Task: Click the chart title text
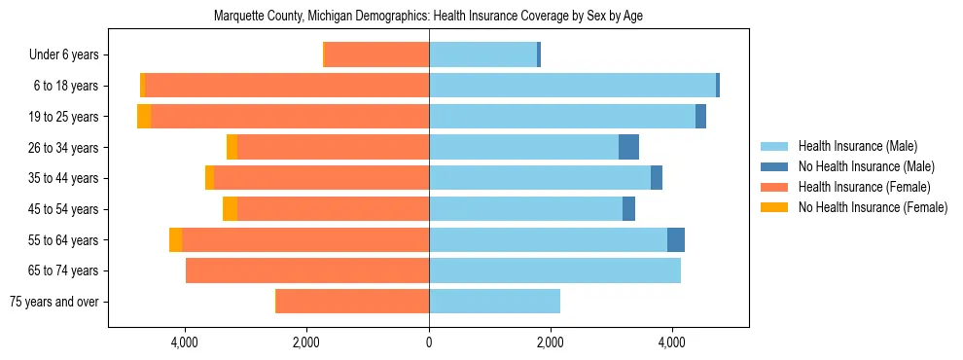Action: [428, 16]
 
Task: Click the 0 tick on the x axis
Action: [429, 342]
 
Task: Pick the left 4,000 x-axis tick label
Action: [185, 342]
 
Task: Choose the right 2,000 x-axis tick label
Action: [550, 342]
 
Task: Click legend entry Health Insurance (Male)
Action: [857, 146]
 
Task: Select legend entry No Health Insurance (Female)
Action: [873, 207]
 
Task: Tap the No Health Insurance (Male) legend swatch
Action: [774, 166]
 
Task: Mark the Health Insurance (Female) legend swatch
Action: [774, 187]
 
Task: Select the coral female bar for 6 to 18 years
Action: [287, 86]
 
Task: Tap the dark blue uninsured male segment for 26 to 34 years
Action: [628, 147]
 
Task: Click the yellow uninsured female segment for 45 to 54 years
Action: [230, 209]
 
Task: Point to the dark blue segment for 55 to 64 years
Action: [675, 239]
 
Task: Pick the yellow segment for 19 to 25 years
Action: [144, 117]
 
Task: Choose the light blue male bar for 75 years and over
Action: [494, 302]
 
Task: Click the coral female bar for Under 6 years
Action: [376, 55]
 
